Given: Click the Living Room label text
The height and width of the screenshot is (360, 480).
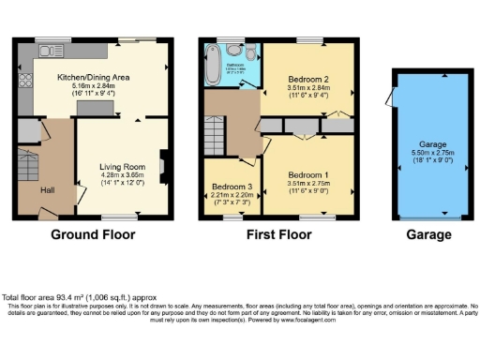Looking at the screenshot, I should pos(122,167).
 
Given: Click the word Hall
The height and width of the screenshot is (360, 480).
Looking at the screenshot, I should pos(48,190).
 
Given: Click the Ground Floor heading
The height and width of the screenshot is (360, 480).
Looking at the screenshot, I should pos(93,234).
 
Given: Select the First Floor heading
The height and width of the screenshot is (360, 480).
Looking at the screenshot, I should pos(279,234).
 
